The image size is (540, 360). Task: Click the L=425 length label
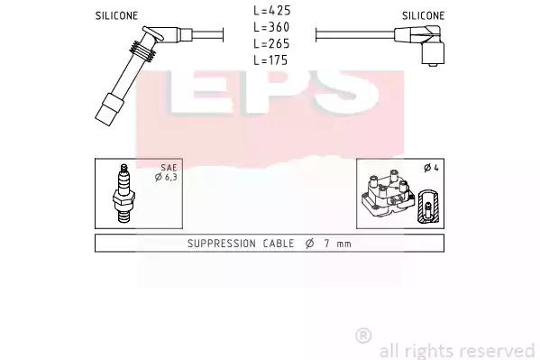click(x=272, y=10)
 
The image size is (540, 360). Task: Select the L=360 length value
click(x=271, y=27)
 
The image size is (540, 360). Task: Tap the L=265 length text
click(x=271, y=43)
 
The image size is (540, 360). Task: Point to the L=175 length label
click(x=270, y=60)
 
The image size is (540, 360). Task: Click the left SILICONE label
click(x=116, y=15)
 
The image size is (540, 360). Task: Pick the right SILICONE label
click(x=423, y=15)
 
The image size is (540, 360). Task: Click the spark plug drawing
click(x=124, y=193)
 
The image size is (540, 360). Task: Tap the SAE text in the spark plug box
click(x=169, y=168)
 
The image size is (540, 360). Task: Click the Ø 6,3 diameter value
click(x=166, y=177)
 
